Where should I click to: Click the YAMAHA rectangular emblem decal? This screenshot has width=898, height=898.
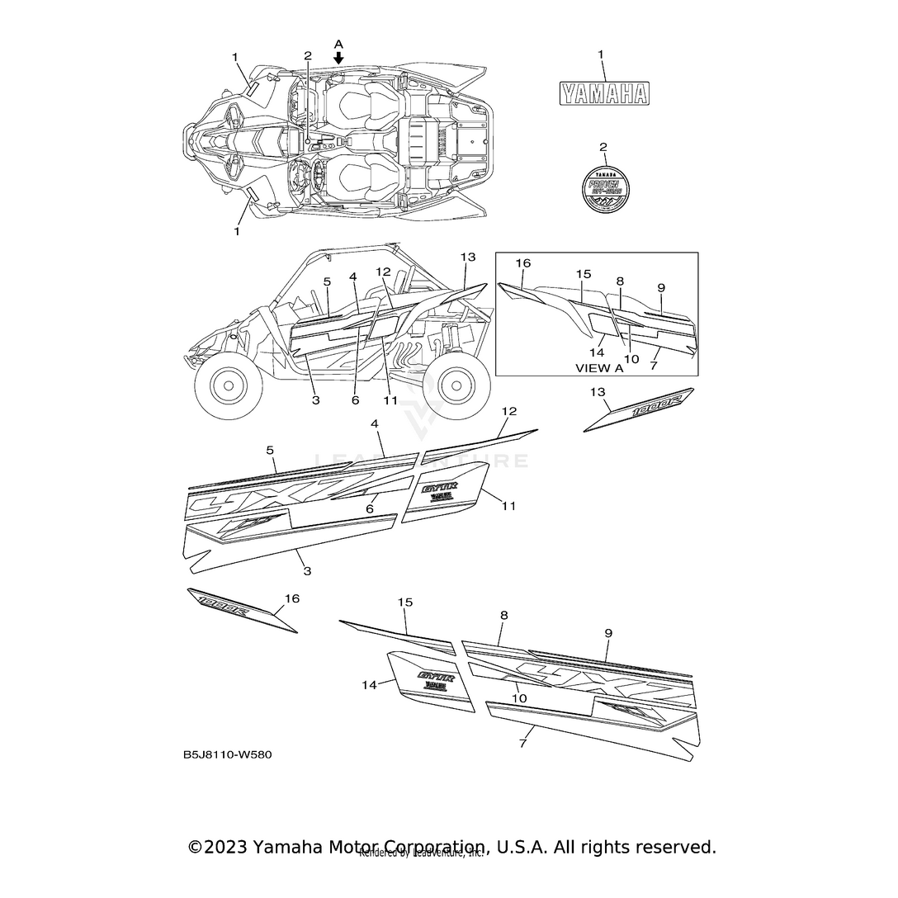click(603, 93)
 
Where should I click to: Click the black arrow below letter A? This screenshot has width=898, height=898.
click(338, 58)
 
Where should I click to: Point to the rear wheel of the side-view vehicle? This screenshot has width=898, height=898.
click(457, 384)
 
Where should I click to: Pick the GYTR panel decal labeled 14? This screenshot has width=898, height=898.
click(432, 682)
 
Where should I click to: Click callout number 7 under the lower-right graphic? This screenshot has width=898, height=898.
click(522, 744)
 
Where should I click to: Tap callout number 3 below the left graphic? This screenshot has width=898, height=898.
click(307, 570)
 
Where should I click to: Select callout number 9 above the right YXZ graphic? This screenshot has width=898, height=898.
click(607, 633)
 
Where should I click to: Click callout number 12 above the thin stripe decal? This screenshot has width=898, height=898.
click(509, 410)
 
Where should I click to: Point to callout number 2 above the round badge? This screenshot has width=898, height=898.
click(603, 147)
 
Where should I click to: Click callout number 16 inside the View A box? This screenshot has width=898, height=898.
click(523, 263)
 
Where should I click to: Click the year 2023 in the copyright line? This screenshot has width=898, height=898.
click(226, 847)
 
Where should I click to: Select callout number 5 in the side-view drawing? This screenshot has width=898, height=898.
click(327, 281)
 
